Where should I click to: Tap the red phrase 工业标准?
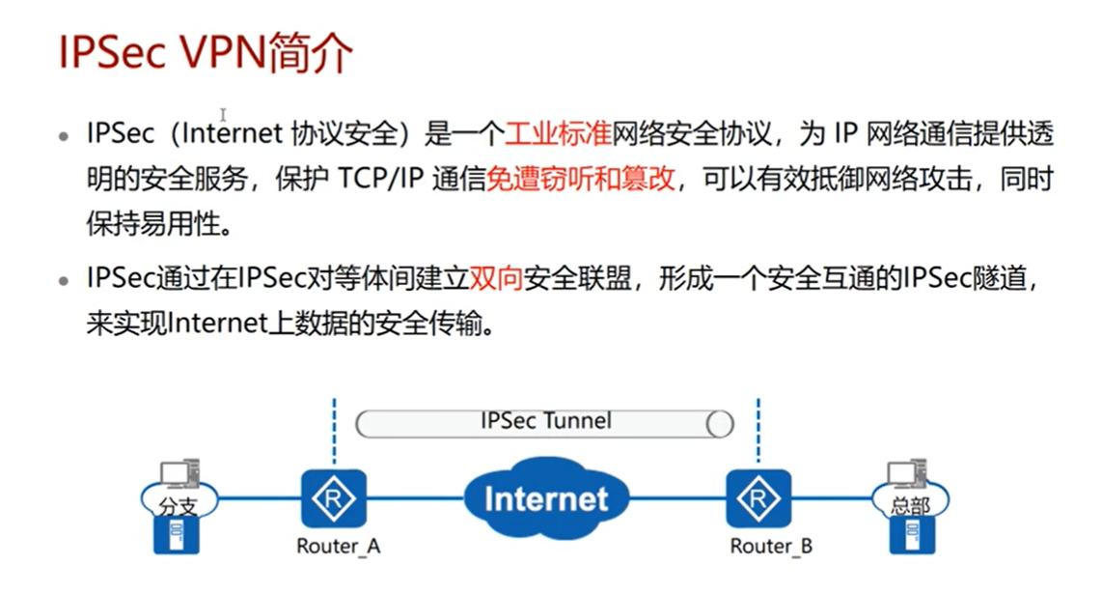[x=560, y=133]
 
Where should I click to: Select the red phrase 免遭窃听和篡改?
[x=580, y=181]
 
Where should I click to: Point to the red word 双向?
[x=496, y=279]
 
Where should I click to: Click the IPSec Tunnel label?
[x=545, y=421]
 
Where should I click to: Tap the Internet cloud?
[x=545, y=498]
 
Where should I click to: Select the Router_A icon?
[x=334, y=498]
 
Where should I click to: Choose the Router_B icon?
[x=758, y=498]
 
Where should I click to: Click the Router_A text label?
[x=338, y=547]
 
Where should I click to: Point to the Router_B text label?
[x=771, y=547]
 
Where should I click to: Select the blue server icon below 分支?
[x=179, y=536]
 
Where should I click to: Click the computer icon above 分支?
[x=179, y=473]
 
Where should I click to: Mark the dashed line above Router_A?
[x=334, y=430]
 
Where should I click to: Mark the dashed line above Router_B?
[x=758, y=430]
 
